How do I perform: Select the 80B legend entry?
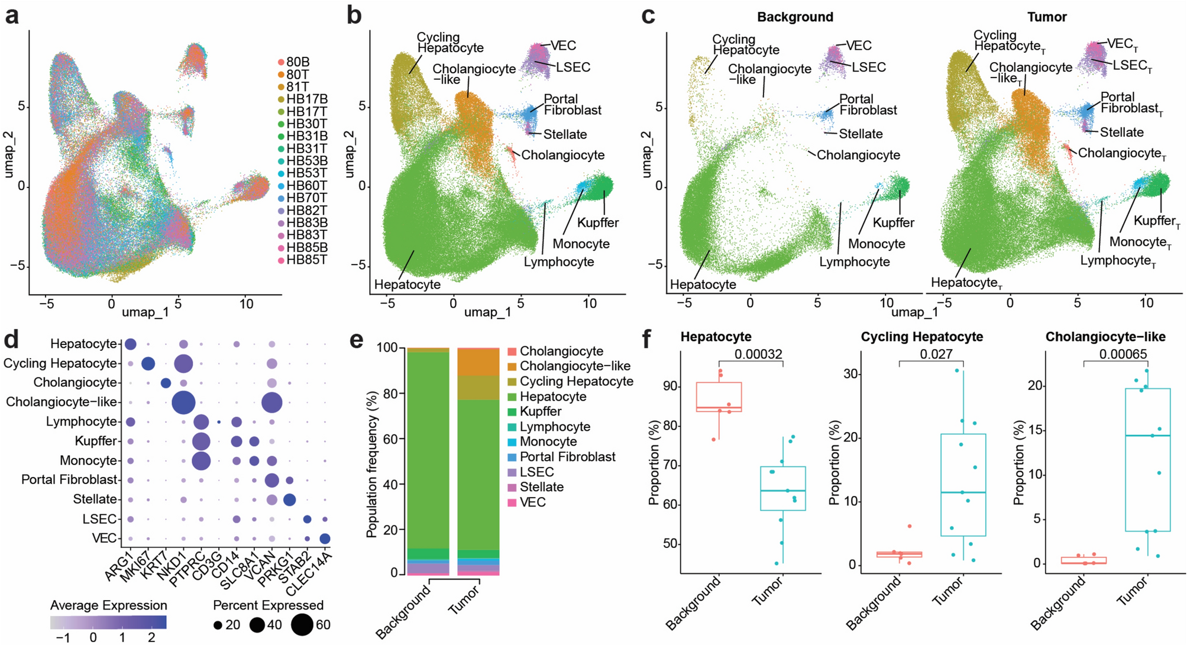coord(297,62)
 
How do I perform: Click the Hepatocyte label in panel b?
coord(407,285)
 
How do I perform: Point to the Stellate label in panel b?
coord(565,135)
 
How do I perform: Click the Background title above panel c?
coord(795,17)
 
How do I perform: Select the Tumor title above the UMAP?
coord(1047,17)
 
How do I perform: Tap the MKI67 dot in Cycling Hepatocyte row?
coord(148,363)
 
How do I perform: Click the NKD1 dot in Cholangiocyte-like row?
coord(183,402)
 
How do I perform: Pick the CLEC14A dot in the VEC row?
coord(325,538)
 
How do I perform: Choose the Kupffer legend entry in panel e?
coord(541,412)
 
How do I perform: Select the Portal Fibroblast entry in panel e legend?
coord(567,457)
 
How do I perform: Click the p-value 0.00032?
coord(758,354)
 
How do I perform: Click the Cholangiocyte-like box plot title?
coord(1105,337)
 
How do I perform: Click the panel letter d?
coord(12,341)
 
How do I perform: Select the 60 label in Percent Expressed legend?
coord(323,625)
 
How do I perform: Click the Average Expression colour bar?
coord(108,622)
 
